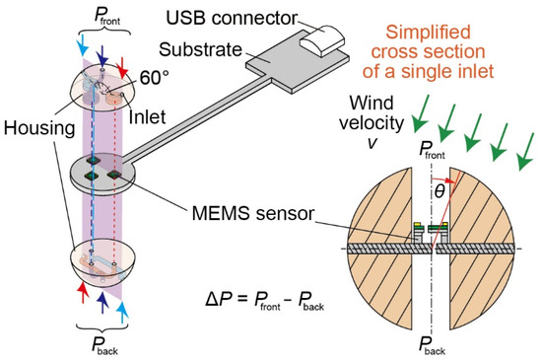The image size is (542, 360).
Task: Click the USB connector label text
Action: tap(232, 17)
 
